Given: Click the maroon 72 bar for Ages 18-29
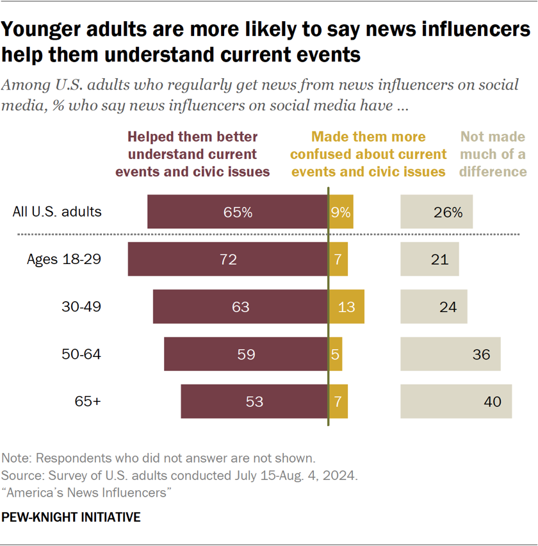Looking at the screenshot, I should point(227,260).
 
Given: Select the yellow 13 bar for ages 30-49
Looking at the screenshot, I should point(346,307).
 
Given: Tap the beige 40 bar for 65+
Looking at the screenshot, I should point(456,402).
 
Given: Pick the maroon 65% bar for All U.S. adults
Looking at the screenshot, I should point(238,212).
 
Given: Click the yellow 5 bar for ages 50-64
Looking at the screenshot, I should point(336,354).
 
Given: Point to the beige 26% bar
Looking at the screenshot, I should point(437,212).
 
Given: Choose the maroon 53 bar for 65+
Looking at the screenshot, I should point(254,402).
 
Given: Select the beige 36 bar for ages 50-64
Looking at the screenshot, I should point(450,354).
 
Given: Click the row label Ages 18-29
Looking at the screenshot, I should point(64,260).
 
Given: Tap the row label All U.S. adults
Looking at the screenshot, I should point(58,211).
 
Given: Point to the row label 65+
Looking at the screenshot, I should point(88,402).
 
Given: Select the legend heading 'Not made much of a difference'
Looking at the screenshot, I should point(493,154).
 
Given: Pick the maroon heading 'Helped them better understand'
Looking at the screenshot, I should point(199,154).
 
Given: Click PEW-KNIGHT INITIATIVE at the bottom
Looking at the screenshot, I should point(71,517).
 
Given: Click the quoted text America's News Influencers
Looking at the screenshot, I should point(89,492).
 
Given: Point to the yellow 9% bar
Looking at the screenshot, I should point(341,212).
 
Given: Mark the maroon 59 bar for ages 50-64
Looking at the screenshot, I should point(246,354).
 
